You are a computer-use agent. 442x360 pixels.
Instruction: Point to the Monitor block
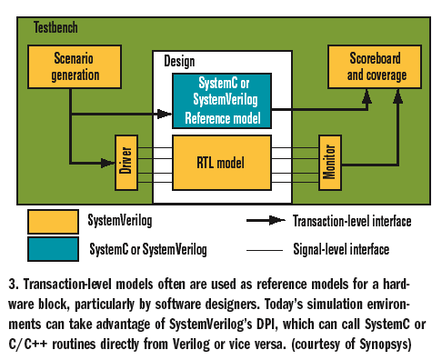pyautogui.click(x=328, y=162)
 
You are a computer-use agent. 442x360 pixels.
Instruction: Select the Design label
pyautogui.click(x=180, y=61)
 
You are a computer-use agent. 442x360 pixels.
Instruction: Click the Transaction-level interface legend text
pyautogui.click(x=353, y=221)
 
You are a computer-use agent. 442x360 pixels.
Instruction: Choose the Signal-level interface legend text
pyautogui.click(x=343, y=246)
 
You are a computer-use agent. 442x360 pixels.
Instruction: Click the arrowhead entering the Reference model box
pyautogui.click(x=166, y=114)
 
